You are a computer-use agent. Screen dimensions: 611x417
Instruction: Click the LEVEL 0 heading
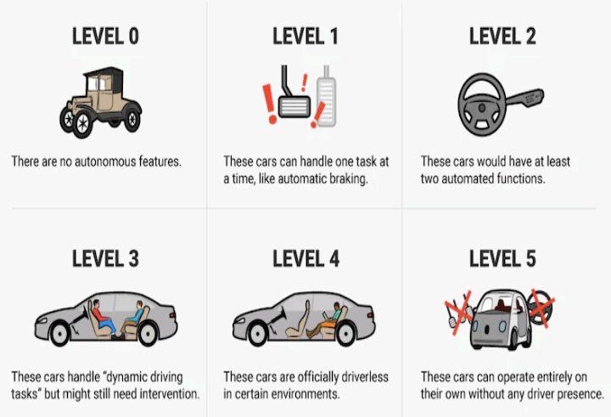click(105, 37)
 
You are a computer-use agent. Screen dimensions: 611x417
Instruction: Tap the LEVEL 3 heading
click(105, 259)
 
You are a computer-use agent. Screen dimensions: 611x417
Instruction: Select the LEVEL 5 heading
click(502, 259)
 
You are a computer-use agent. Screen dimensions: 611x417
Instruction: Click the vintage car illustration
click(100, 102)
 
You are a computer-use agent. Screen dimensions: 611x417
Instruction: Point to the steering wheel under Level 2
click(482, 104)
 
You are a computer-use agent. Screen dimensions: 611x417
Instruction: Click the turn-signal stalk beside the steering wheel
click(524, 98)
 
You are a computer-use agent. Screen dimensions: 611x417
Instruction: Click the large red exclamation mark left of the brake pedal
click(269, 104)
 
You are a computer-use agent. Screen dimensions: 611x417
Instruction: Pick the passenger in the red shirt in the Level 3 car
click(104, 318)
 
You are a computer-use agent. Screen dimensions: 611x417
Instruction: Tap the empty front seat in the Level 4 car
click(299, 320)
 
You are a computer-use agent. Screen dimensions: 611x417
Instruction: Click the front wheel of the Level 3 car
click(59, 335)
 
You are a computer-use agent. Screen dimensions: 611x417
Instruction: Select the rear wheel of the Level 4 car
click(346, 335)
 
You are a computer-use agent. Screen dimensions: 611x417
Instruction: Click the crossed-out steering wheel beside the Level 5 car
click(541, 307)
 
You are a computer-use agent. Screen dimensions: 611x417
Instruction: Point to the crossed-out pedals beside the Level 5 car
click(459, 312)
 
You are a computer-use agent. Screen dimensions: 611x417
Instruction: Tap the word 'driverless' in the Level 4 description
click(365, 377)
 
